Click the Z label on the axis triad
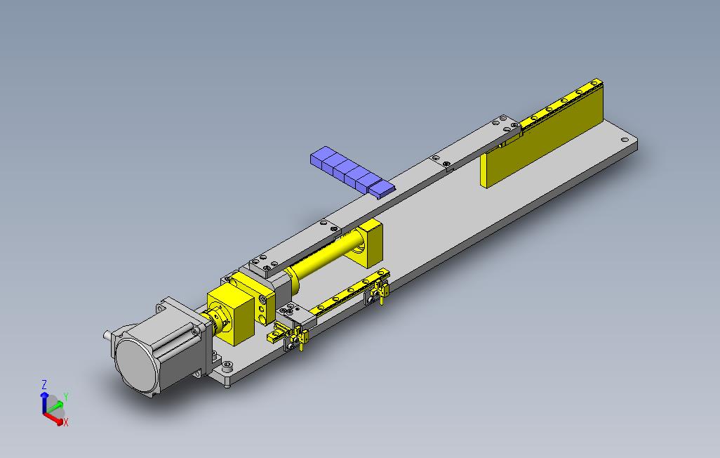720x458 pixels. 44,384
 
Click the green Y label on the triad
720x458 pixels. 66,397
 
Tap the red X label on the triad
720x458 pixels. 66,422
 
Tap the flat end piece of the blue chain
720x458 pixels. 382,188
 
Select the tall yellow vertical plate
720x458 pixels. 542,136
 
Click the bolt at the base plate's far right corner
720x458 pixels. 624,140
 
